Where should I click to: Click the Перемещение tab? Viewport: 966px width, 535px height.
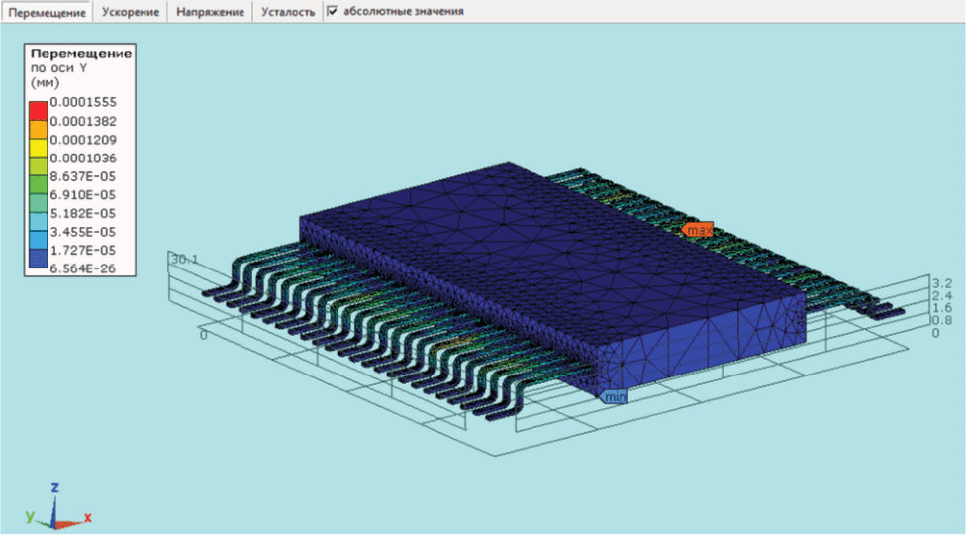point(47,12)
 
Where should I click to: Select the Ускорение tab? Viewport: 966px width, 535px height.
point(130,12)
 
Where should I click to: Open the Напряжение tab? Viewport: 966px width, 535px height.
point(210,12)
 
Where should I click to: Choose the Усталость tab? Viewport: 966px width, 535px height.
point(288,12)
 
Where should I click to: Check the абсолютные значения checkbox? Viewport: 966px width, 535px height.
point(333,11)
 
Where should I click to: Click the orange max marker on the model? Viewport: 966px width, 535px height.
point(698,230)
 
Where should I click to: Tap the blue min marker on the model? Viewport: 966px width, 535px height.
point(614,397)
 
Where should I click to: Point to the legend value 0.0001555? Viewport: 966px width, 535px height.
point(83,102)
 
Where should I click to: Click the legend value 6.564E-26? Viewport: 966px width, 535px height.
point(82,268)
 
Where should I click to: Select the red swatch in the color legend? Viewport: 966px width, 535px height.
point(39,111)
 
